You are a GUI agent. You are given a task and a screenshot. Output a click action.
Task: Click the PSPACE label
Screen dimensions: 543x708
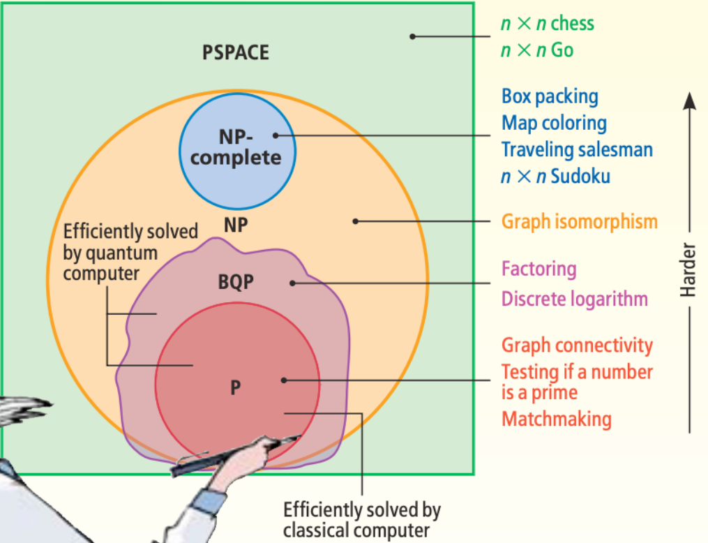(x=235, y=52)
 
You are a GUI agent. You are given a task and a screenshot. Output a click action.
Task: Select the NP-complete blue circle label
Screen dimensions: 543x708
(x=236, y=148)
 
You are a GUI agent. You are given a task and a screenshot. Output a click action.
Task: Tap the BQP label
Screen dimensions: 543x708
(x=234, y=282)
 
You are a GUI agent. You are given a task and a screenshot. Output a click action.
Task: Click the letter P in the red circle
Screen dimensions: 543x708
(x=236, y=387)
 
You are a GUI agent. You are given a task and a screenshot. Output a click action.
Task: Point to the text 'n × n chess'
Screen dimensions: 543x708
(x=547, y=23)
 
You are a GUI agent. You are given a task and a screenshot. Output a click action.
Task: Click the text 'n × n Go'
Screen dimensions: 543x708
(x=536, y=50)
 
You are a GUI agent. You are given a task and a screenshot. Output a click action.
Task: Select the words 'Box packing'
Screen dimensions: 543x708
(x=550, y=96)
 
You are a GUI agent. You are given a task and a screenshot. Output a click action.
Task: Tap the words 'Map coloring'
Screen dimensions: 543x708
(x=554, y=123)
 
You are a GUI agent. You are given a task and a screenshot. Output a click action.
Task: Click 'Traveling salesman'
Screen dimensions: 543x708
(x=577, y=149)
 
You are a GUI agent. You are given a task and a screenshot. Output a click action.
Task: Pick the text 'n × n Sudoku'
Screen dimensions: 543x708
(x=555, y=176)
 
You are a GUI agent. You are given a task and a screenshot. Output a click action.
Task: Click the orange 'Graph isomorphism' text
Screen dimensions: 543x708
(x=579, y=222)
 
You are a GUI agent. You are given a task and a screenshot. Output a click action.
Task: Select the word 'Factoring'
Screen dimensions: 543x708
(x=538, y=269)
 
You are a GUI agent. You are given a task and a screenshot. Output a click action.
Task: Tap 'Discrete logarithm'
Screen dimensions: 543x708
(x=574, y=299)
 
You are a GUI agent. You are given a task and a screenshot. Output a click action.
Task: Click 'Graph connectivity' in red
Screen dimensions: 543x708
(x=577, y=345)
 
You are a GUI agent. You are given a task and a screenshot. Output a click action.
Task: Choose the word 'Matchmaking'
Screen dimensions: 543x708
(x=556, y=419)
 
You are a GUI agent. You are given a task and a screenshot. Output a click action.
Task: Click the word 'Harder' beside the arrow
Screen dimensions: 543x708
(x=688, y=270)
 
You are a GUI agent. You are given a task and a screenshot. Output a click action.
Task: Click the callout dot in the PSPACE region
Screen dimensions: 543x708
(x=412, y=36)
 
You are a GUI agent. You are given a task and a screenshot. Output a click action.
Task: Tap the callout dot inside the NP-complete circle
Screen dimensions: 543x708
(x=276, y=135)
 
